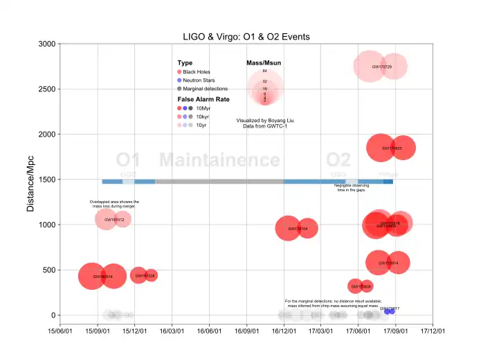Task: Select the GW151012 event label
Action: [x=114, y=220]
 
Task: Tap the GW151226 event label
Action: [x=145, y=276]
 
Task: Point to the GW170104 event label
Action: [x=297, y=228]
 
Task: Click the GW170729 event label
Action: [x=381, y=67]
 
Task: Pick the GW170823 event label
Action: [x=392, y=148]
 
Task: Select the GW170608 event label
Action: [x=361, y=286]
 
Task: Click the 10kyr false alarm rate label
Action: [x=203, y=116]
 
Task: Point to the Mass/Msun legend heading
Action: [x=264, y=63]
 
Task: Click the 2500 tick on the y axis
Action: [x=46, y=89]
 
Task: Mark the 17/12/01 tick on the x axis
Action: [x=432, y=331]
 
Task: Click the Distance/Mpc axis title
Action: [x=30, y=179]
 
